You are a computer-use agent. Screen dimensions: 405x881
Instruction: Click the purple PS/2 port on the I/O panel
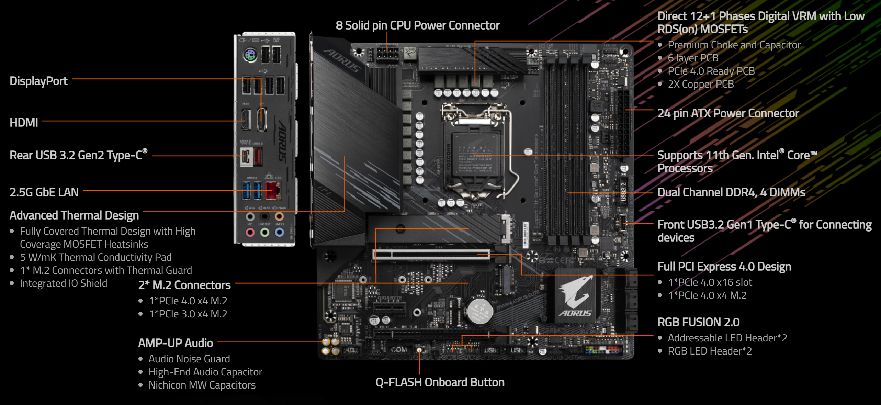coord(250,55)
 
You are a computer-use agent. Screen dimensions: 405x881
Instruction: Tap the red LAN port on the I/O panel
coord(271,191)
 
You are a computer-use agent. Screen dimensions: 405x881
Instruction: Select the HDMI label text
coord(24,123)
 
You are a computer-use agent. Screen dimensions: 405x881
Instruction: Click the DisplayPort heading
coord(38,81)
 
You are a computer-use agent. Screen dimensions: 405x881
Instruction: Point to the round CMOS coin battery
coord(479,311)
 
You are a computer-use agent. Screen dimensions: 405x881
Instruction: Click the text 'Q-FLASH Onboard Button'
coord(440,382)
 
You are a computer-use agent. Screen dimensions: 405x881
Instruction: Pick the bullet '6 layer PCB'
coord(693,58)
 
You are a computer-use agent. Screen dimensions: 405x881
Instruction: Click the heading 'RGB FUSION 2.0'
coord(698,322)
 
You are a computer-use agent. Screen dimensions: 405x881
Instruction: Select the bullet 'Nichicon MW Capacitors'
coord(202,385)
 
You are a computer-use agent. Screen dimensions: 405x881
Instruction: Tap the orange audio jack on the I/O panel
coord(279,217)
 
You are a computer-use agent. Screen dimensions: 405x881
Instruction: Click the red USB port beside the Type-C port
coord(258,157)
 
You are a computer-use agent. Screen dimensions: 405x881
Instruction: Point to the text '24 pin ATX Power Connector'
coord(728,113)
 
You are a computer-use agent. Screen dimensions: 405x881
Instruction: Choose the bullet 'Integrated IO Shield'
coord(63,283)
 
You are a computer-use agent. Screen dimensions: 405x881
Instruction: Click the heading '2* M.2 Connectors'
coord(184,285)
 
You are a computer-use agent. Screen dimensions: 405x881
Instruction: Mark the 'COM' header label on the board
coord(399,350)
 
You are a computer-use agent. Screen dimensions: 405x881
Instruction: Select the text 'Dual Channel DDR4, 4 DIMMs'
coord(731,192)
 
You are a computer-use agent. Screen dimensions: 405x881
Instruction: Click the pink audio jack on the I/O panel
coord(250,233)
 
